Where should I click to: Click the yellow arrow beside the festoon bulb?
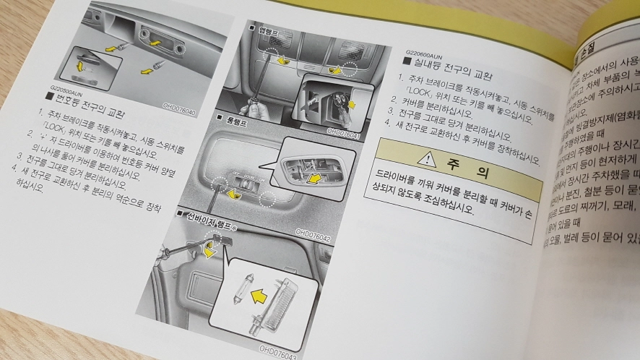click(x=257, y=294)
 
